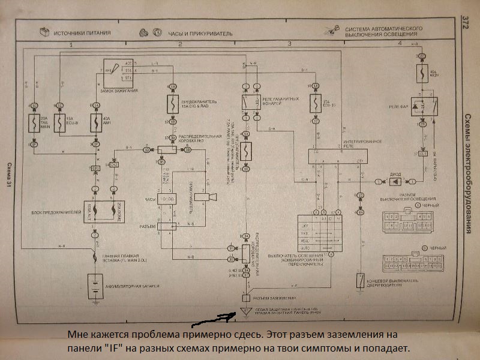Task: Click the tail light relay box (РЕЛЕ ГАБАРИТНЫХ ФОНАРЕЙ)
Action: click(248, 103)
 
